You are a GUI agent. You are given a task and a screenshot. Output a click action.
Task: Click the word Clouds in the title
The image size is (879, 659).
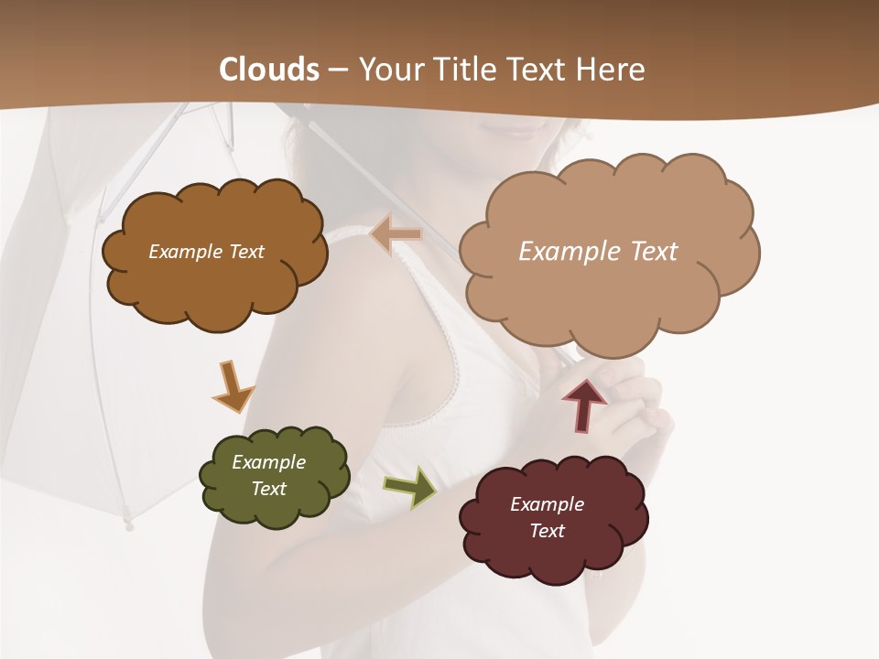click(x=269, y=70)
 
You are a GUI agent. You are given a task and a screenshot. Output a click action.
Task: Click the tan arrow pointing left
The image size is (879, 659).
click(x=396, y=234)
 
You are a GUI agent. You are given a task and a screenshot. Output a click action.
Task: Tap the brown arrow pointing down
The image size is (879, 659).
click(x=232, y=386)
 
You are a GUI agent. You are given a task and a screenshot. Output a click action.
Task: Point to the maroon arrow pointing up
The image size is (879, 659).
click(x=584, y=404)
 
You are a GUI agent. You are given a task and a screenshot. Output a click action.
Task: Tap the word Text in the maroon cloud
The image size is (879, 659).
click(x=547, y=531)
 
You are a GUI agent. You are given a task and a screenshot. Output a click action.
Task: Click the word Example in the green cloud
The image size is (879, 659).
click(x=268, y=462)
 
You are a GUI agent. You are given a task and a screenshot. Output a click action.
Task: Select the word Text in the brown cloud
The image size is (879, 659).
click(x=244, y=252)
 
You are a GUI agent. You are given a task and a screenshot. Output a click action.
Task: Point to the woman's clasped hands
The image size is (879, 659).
click(x=632, y=403)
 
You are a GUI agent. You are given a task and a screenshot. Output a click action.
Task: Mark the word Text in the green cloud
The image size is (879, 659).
click(x=268, y=489)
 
